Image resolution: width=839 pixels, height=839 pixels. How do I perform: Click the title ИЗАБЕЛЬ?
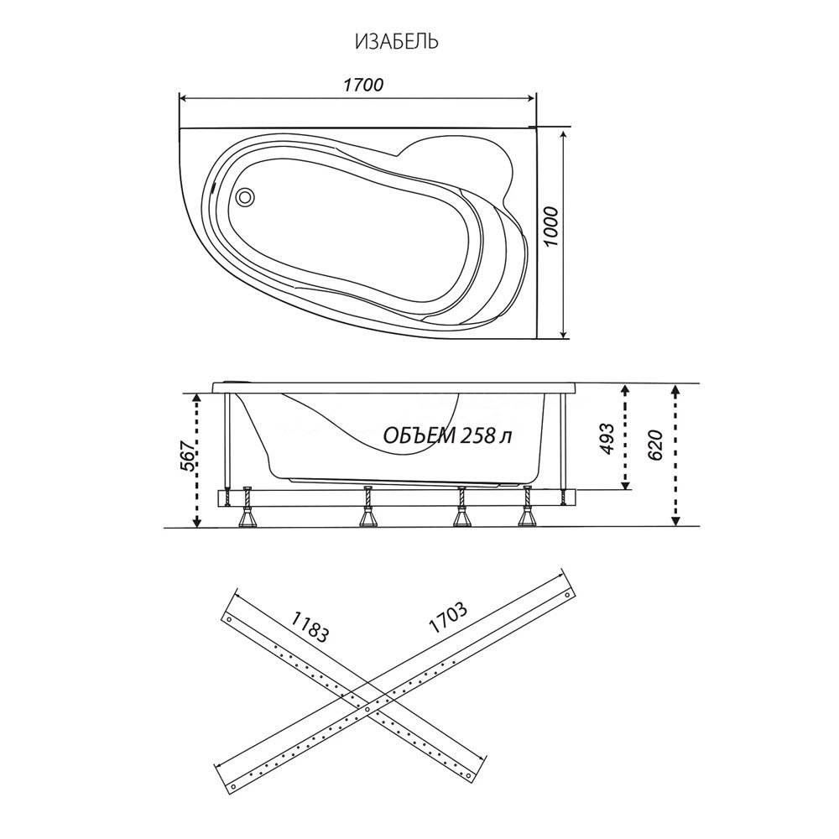pos(397,41)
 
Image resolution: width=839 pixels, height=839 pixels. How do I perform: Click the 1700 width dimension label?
pos(362,85)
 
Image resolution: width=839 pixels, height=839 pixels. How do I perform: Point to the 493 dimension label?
pos(607,439)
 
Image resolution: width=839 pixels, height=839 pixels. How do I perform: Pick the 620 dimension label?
pos(655,446)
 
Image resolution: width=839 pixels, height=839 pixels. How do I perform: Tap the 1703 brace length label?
pos(448,618)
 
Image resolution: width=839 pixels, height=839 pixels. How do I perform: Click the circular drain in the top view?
pos(246,196)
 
